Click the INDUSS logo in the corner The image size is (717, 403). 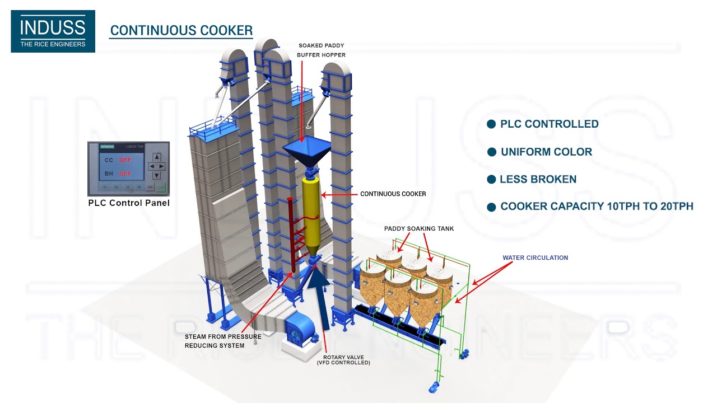point(53,31)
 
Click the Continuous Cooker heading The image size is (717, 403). point(181,31)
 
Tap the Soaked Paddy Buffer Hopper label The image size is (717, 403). point(322,50)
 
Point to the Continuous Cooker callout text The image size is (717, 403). point(393,194)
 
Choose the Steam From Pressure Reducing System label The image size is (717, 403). point(223,341)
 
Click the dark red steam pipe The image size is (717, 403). point(290,235)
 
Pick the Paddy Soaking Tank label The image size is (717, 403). point(419,228)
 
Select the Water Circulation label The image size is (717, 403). point(535,258)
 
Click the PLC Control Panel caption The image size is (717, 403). point(129,203)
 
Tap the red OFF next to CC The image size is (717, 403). point(124,160)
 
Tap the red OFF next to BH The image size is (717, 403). point(124,174)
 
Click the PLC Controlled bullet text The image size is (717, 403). point(549,124)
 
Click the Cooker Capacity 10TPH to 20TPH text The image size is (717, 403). point(597,207)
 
